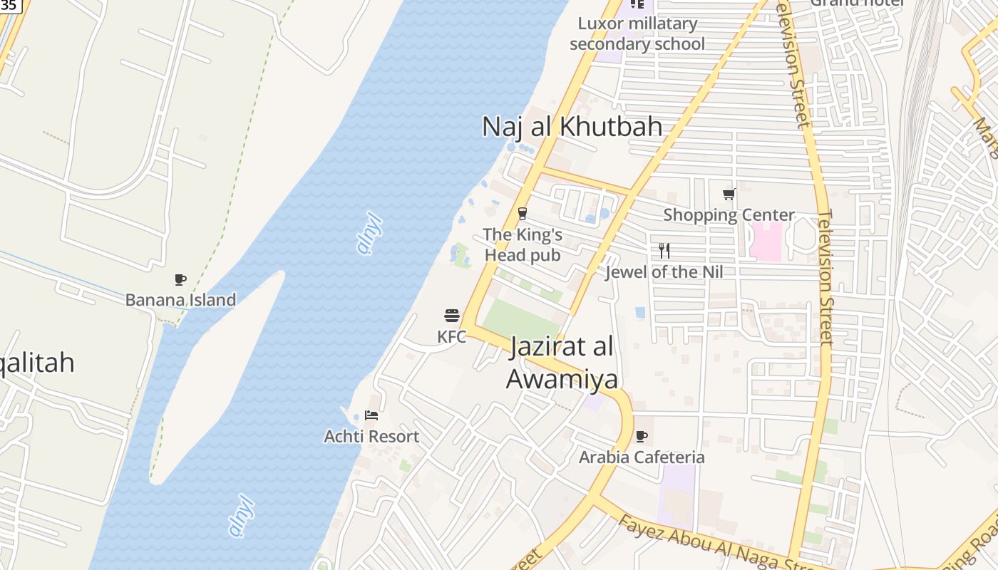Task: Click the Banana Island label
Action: pos(180,300)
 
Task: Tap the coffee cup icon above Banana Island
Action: pos(180,280)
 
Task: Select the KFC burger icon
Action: pos(452,316)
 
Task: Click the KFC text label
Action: pos(452,336)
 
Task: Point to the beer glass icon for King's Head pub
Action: pos(523,214)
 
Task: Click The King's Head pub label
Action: pos(523,244)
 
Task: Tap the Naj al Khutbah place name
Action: pos(572,127)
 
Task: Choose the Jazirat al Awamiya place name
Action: pos(562,363)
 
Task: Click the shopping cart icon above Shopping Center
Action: pos(729,194)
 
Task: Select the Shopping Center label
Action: pos(729,214)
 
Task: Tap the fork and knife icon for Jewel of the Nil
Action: pos(664,250)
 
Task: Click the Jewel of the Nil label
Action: pos(664,271)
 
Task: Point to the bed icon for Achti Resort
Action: pos(371,415)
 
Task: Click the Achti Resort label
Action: pos(371,436)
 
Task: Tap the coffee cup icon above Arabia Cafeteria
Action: pos(642,436)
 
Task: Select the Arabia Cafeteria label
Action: pos(642,457)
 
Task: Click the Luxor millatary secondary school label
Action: pos(637,33)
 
